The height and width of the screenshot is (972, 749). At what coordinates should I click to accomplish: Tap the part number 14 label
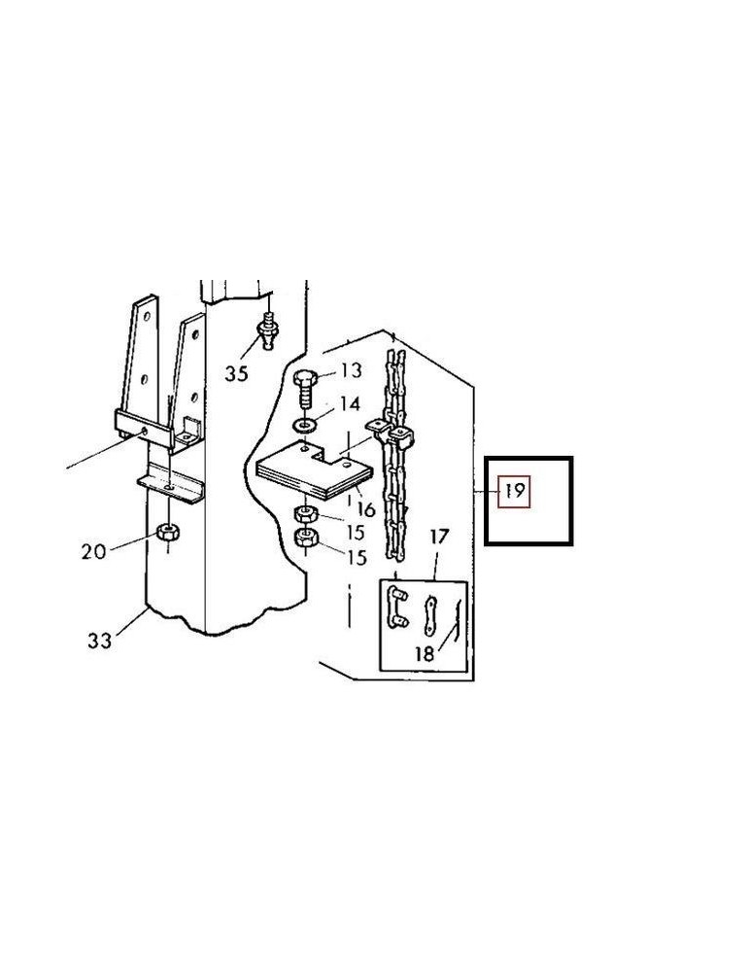[349, 404]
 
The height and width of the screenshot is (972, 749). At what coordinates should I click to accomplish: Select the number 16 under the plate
[366, 509]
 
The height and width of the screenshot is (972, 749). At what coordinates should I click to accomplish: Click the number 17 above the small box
[439, 537]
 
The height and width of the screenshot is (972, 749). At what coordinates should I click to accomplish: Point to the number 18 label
[425, 653]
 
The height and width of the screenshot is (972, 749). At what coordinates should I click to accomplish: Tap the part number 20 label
[93, 550]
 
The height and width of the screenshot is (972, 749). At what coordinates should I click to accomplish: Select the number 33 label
[99, 640]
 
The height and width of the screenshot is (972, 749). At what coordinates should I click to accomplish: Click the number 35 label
[236, 373]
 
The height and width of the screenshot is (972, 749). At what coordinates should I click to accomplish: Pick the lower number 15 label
[357, 557]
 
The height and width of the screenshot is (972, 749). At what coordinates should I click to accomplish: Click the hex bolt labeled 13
[305, 389]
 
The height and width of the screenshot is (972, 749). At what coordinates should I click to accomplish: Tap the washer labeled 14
[303, 426]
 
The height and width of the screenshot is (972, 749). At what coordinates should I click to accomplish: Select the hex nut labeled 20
[168, 532]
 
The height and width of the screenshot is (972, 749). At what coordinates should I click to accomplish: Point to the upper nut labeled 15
[306, 513]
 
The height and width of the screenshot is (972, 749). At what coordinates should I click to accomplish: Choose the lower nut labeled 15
[307, 538]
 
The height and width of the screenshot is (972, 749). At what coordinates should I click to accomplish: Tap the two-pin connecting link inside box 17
[396, 607]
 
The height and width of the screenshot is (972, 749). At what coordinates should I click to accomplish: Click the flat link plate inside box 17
[428, 615]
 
